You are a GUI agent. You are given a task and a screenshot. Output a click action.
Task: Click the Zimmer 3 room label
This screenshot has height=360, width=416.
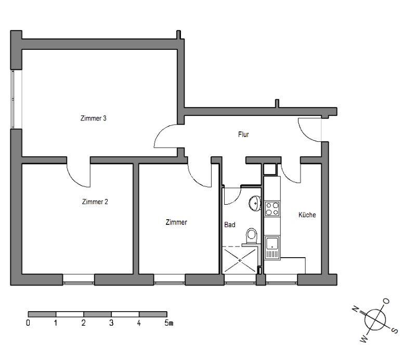click(x=94, y=118)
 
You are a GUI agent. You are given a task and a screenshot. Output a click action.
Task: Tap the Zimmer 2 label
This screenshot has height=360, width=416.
click(x=95, y=202)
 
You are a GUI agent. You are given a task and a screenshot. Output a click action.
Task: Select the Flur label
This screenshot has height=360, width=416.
click(x=243, y=135)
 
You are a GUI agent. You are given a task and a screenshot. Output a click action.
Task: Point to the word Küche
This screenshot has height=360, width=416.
click(x=307, y=215)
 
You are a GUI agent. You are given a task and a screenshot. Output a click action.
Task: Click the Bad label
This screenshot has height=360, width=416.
click(x=230, y=225)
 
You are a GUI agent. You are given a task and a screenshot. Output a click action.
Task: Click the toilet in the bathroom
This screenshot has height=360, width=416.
click(x=251, y=236)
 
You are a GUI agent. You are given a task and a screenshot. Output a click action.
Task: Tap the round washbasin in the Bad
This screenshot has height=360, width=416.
click(x=255, y=204)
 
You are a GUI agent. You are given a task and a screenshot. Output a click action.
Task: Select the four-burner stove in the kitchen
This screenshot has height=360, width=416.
click(x=272, y=209)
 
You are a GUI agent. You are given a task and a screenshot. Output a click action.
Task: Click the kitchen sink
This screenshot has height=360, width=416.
click(x=272, y=248)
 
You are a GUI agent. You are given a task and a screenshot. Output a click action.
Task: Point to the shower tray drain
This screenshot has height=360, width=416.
click(x=240, y=260)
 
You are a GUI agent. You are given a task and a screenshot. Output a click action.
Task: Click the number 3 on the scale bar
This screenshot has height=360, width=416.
click(x=111, y=323)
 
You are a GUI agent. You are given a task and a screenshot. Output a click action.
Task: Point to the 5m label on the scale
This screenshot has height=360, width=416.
click(x=168, y=323)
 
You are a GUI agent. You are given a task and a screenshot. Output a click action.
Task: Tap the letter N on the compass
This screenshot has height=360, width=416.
click(x=356, y=309)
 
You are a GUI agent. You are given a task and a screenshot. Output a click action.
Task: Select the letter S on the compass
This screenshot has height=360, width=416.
click(x=395, y=330)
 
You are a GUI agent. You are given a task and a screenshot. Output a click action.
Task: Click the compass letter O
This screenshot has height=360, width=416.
click(x=386, y=301)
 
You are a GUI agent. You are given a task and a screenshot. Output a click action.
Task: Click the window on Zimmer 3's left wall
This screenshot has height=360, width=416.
click(x=12, y=99)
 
